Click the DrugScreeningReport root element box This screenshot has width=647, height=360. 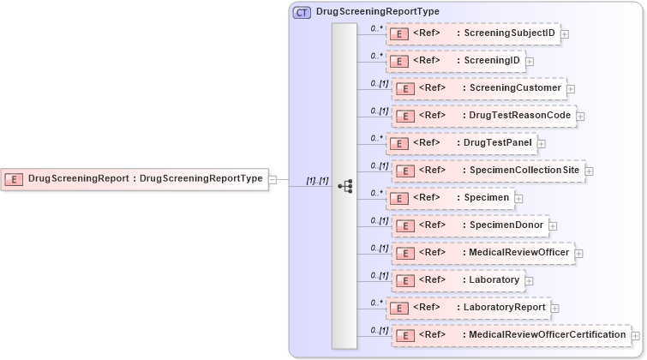pos(135,179)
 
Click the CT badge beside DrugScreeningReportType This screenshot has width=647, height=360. pos(302,12)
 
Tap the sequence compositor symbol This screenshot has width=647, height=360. pos(344,185)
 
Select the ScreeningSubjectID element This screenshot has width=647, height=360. pos(473,34)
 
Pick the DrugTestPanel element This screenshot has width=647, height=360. pos(461,143)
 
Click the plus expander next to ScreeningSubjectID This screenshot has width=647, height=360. pos(566,34)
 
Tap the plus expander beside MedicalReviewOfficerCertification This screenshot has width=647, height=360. pos(636,335)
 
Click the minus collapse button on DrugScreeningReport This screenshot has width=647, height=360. pos(273,179)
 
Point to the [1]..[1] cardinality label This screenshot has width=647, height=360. pos(317,180)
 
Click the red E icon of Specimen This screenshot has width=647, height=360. pos(398,199)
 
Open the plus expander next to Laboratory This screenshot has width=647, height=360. pos(530,280)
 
